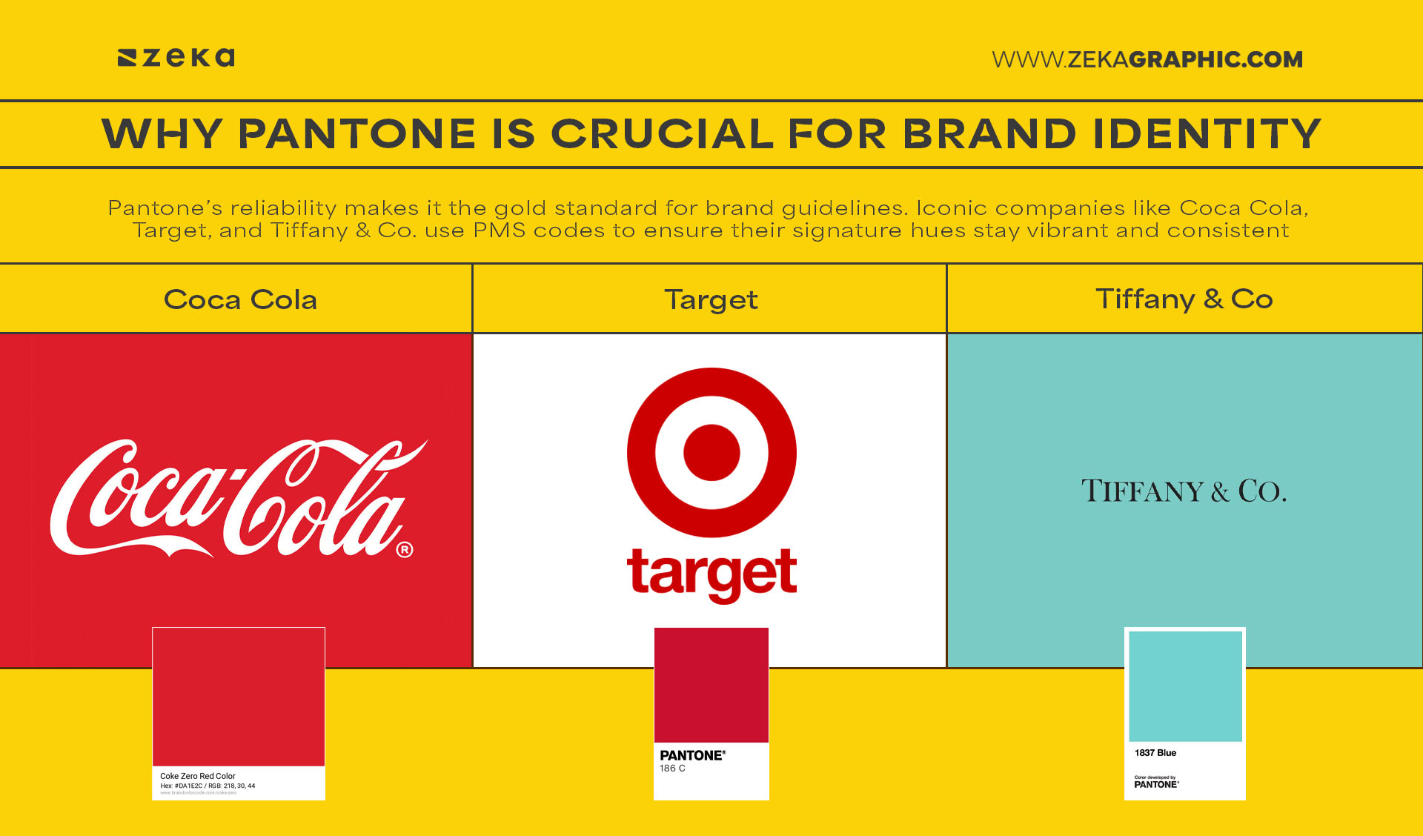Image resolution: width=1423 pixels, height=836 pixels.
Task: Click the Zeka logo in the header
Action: pos(176,58)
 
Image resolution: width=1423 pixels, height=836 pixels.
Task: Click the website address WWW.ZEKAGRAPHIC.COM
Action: pos(1147,59)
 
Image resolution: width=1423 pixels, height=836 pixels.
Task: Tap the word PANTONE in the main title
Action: pos(356,134)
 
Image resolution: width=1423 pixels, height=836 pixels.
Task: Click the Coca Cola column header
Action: pos(240,299)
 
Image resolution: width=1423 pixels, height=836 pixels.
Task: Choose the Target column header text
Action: pos(711,300)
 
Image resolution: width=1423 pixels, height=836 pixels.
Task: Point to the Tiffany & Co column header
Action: pos(1184,299)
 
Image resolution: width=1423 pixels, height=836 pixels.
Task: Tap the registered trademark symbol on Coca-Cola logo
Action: pos(405,550)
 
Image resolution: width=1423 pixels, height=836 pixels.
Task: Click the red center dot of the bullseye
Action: pos(711,452)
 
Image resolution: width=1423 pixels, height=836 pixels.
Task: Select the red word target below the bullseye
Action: pos(711,574)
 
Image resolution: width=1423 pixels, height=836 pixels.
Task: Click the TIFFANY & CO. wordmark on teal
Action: pos(1184,491)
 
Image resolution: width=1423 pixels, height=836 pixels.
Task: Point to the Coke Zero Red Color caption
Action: pos(198,776)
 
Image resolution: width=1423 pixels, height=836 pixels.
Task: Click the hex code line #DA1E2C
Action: pos(208,786)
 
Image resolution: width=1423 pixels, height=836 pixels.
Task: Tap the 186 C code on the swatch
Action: pos(672,769)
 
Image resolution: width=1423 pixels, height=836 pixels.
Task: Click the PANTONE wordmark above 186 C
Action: pos(692,755)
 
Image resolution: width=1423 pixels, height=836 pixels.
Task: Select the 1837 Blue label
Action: pos(1155,753)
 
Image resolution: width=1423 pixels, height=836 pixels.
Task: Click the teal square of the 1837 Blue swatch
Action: pos(1185,686)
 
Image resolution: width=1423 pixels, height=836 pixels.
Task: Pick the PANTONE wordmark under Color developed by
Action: pos(1156,784)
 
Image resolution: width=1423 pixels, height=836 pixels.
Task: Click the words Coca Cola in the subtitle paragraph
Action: pos(1242,208)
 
